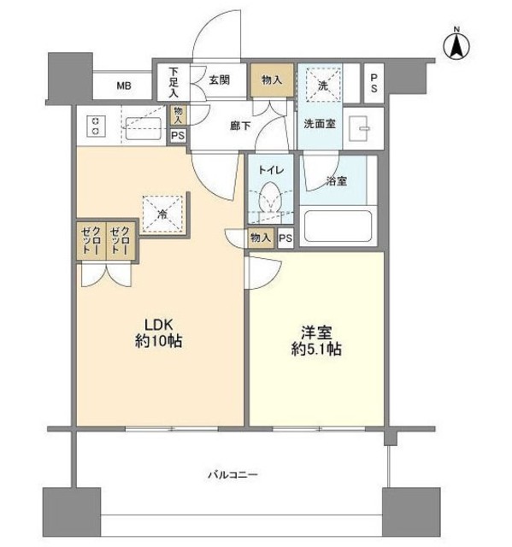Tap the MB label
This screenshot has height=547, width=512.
click(x=124, y=85)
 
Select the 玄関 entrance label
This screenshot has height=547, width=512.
click(x=220, y=79)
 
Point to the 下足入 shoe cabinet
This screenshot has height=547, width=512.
click(x=174, y=82)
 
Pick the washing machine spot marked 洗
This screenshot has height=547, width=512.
click(x=324, y=85)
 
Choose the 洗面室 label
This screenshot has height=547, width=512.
click(x=318, y=123)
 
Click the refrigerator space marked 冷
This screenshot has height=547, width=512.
click(x=162, y=213)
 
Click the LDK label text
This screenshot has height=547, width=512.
click(x=158, y=325)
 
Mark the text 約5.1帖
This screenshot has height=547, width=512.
click(x=316, y=350)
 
